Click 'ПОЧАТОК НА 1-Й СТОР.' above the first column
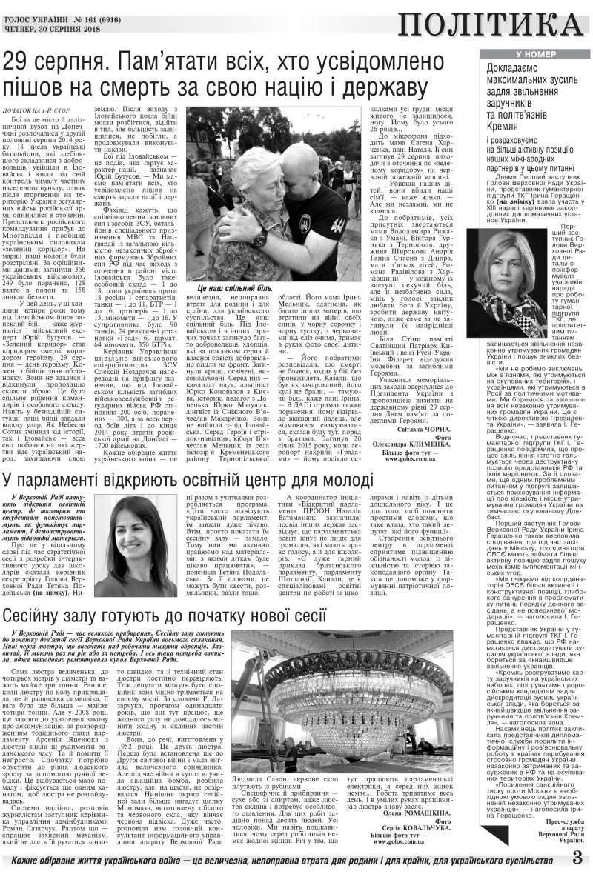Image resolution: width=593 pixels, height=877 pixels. point(38,110)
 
